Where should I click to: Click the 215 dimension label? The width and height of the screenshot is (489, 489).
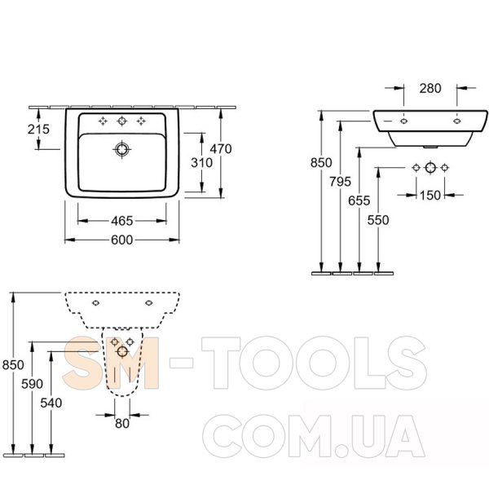[x=38, y=129]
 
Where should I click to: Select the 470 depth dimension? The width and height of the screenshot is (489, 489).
[x=221, y=149]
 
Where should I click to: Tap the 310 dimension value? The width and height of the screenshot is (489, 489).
[x=202, y=163]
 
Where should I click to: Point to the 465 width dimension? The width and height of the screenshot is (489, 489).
[x=122, y=221]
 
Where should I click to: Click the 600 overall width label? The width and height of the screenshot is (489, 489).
[x=122, y=240]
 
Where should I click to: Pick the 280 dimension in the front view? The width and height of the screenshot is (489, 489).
[x=430, y=89]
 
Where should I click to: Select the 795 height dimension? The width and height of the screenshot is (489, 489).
[x=340, y=182]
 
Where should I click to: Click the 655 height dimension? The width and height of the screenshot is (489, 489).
[x=359, y=200]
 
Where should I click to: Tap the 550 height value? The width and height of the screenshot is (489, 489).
[x=378, y=220]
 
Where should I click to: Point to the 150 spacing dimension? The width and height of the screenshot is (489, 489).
[x=430, y=196]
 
